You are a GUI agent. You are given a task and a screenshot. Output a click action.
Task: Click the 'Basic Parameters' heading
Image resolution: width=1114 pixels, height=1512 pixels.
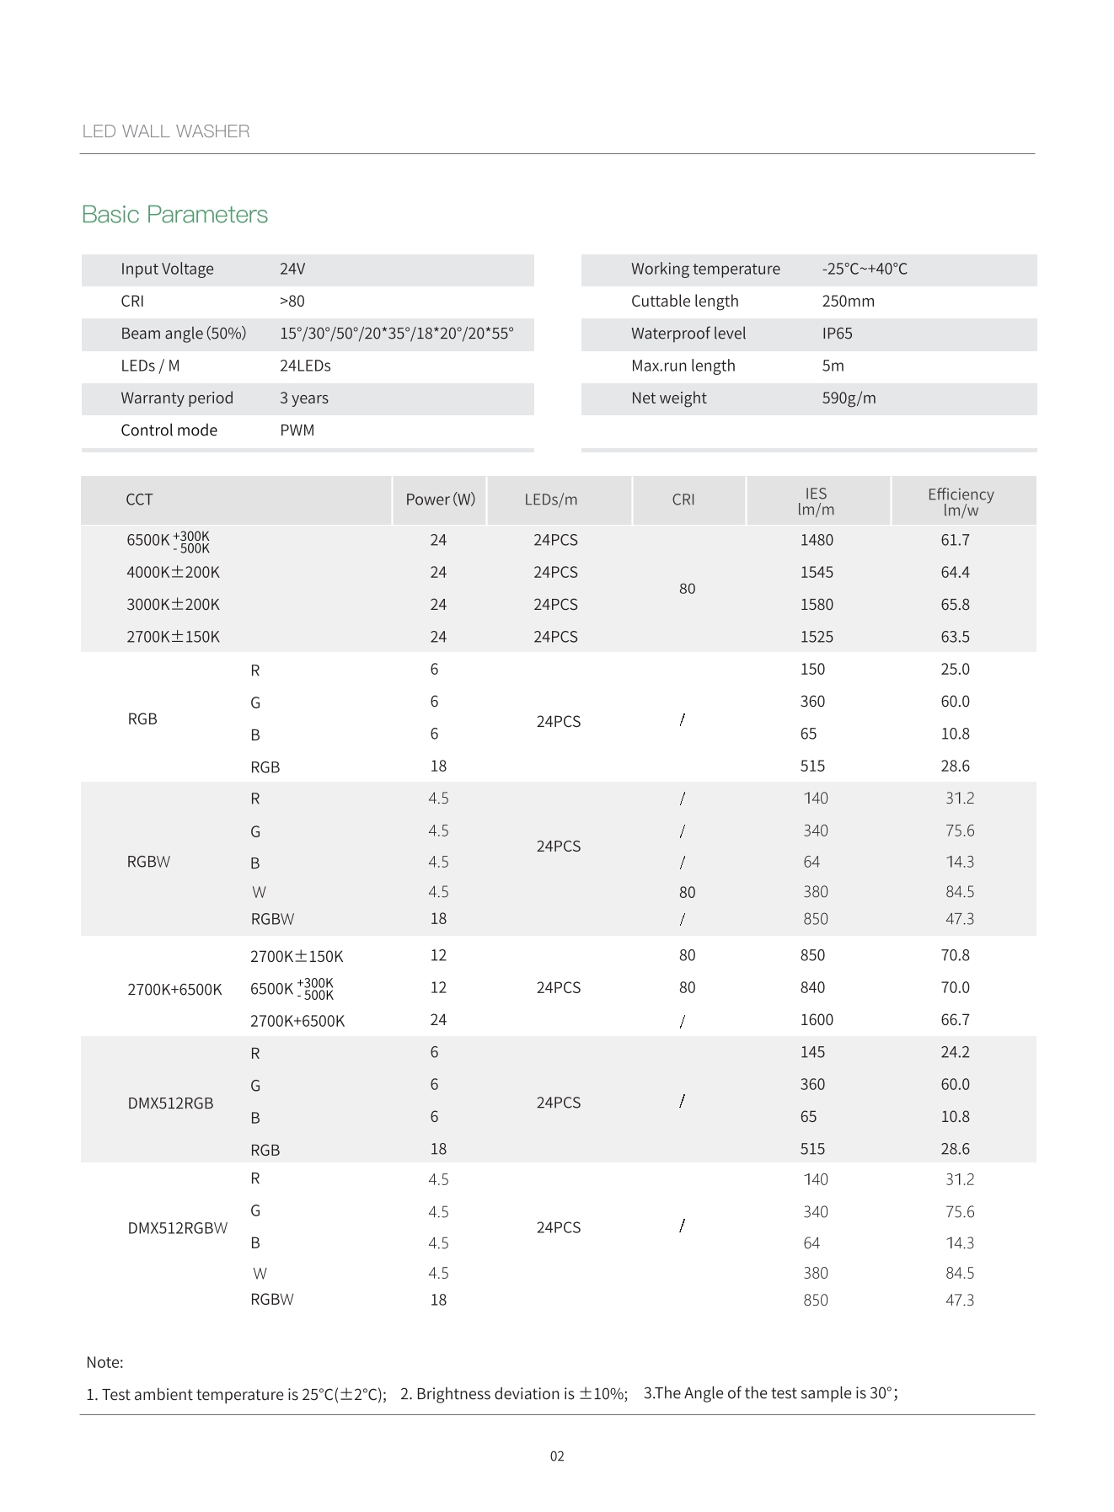tap(174, 215)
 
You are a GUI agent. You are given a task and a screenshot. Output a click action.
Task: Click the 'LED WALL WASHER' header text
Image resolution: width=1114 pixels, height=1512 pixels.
tap(166, 131)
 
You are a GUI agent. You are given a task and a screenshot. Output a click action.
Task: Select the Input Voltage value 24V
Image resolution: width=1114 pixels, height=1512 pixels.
tap(292, 269)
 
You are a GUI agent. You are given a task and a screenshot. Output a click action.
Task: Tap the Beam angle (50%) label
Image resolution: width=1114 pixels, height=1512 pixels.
tap(183, 334)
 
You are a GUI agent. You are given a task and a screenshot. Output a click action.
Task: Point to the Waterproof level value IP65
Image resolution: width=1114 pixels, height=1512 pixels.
tap(837, 334)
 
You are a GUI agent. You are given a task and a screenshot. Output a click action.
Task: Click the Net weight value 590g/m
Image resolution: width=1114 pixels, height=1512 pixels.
tap(849, 398)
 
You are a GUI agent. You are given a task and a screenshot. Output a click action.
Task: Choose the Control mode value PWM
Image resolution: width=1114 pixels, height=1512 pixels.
tap(297, 430)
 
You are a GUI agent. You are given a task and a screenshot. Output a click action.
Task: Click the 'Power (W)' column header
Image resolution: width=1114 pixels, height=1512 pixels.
tap(440, 500)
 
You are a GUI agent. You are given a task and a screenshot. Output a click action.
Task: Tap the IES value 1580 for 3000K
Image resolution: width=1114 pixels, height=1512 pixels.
tap(816, 605)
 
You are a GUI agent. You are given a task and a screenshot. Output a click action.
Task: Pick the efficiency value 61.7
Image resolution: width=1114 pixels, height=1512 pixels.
tap(955, 540)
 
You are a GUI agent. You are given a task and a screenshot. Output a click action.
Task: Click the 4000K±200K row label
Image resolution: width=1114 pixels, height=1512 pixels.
tap(173, 573)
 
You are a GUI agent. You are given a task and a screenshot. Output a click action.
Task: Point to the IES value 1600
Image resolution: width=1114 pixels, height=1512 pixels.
tap(816, 1020)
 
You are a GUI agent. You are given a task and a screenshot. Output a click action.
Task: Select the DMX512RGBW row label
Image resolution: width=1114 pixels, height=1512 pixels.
tap(177, 1228)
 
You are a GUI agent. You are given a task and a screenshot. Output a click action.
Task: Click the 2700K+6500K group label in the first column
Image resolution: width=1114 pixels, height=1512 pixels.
tap(174, 990)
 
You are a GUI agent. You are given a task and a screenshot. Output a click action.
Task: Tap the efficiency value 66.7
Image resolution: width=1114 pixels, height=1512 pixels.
tap(955, 1020)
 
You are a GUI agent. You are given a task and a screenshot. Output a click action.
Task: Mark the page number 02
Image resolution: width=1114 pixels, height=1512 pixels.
tap(557, 1456)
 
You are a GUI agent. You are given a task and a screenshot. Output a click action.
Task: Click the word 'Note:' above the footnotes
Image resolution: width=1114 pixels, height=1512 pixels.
tap(104, 1362)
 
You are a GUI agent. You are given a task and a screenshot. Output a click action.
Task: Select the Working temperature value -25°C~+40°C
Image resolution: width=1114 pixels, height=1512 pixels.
tap(865, 269)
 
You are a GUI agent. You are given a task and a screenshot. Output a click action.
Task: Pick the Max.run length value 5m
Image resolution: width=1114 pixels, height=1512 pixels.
tap(833, 366)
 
